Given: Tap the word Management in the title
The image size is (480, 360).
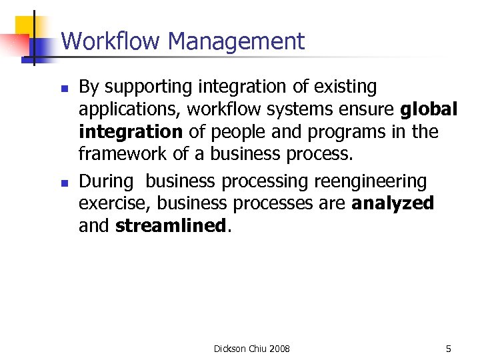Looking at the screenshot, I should (237, 41).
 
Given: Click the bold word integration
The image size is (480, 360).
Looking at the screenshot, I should (129, 132).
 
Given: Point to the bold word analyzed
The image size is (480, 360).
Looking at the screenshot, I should (393, 203).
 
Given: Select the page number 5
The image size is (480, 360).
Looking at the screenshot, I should (448, 349).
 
